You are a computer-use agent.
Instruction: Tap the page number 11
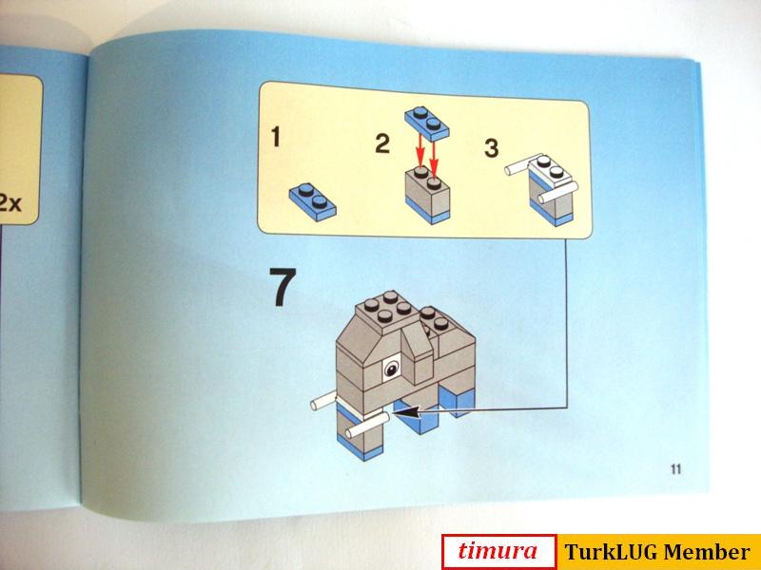[x=676, y=467]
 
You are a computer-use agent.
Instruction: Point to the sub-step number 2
[x=382, y=144]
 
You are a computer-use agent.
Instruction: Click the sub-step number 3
[x=491, y=148]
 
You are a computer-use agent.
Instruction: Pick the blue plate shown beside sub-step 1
[x=313, y=198]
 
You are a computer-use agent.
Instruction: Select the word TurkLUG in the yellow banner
[x=606, y=552]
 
